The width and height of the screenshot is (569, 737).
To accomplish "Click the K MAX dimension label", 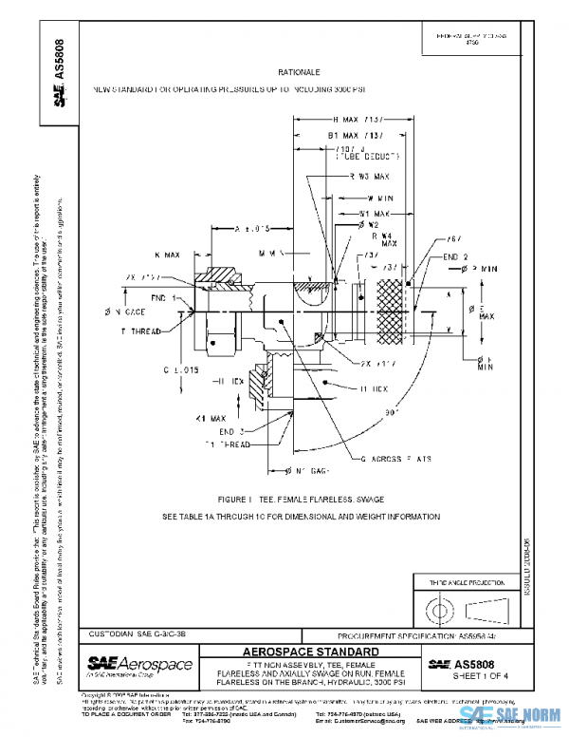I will tap(166, 255).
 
